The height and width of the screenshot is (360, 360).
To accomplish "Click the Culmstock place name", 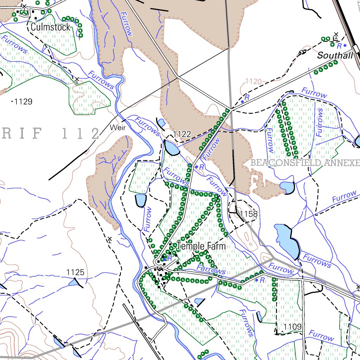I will coord(51,27).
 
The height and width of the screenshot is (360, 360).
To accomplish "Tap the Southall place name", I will coord(335,56).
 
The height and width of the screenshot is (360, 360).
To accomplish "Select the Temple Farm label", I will coord(201,246).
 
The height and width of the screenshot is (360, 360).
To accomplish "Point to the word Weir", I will coord(117,128).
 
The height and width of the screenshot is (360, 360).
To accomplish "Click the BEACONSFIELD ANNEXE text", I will coord(305,163).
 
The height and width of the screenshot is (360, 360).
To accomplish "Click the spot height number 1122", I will coord(182,134).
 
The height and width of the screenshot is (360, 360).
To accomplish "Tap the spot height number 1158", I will coord(249,214).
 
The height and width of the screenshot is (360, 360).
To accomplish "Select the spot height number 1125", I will coord(75,272).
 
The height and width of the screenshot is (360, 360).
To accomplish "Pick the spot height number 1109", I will coord(292,327).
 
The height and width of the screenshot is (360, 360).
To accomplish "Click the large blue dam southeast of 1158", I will coord(287,240).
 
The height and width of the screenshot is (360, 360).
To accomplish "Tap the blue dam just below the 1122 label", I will coord(171,148).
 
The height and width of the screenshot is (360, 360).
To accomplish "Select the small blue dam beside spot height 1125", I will coord(75,282).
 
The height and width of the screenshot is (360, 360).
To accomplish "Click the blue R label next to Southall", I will coord(339,46).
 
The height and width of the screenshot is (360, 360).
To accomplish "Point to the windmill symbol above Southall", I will coord(336,35).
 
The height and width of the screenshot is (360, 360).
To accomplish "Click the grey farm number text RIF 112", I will coord(49,134).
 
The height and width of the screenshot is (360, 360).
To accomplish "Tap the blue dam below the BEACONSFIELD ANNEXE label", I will coord(287,187).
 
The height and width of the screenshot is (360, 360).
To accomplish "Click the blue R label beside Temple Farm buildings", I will coord(170,258).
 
